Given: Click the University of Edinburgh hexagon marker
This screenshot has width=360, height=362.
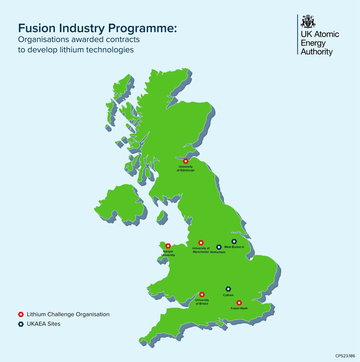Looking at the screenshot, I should click(x=185, y=161).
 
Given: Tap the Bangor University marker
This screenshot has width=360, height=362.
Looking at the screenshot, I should click(x=168, y=246).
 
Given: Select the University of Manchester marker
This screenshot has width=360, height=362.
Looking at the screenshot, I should click(x=201, y=243).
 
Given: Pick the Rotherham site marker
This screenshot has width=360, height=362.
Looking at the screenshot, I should click(x=219, y=247).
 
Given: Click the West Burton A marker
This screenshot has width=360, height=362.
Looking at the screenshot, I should click(x=234, y=241).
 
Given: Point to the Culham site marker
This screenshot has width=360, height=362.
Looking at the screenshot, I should click(x=228, y=289).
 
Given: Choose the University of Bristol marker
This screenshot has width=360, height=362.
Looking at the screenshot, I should click(x=202, y=294).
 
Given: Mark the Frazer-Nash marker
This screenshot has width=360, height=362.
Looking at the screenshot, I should click(x=239, y=303).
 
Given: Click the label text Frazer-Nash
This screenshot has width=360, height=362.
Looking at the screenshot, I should click(x=239, y=308).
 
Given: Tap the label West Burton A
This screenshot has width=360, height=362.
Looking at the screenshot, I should click(x=234, y=247).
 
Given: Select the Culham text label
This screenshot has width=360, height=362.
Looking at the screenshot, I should click(x=228, y=294).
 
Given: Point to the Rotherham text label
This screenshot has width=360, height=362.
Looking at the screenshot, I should click(x=217, y=252).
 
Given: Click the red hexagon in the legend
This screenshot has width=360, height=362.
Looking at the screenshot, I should click(x=21, y=314).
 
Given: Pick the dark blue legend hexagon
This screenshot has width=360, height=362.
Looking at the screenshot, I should click(x=21, y=324).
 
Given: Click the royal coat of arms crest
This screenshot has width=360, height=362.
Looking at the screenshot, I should click(x=308, y=21).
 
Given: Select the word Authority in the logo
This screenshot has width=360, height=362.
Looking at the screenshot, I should click(x=317, y=52).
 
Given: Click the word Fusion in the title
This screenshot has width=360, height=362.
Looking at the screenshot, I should click(x=34, y=28).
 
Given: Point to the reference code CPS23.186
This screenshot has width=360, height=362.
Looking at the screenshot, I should click(x=345, y=356).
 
